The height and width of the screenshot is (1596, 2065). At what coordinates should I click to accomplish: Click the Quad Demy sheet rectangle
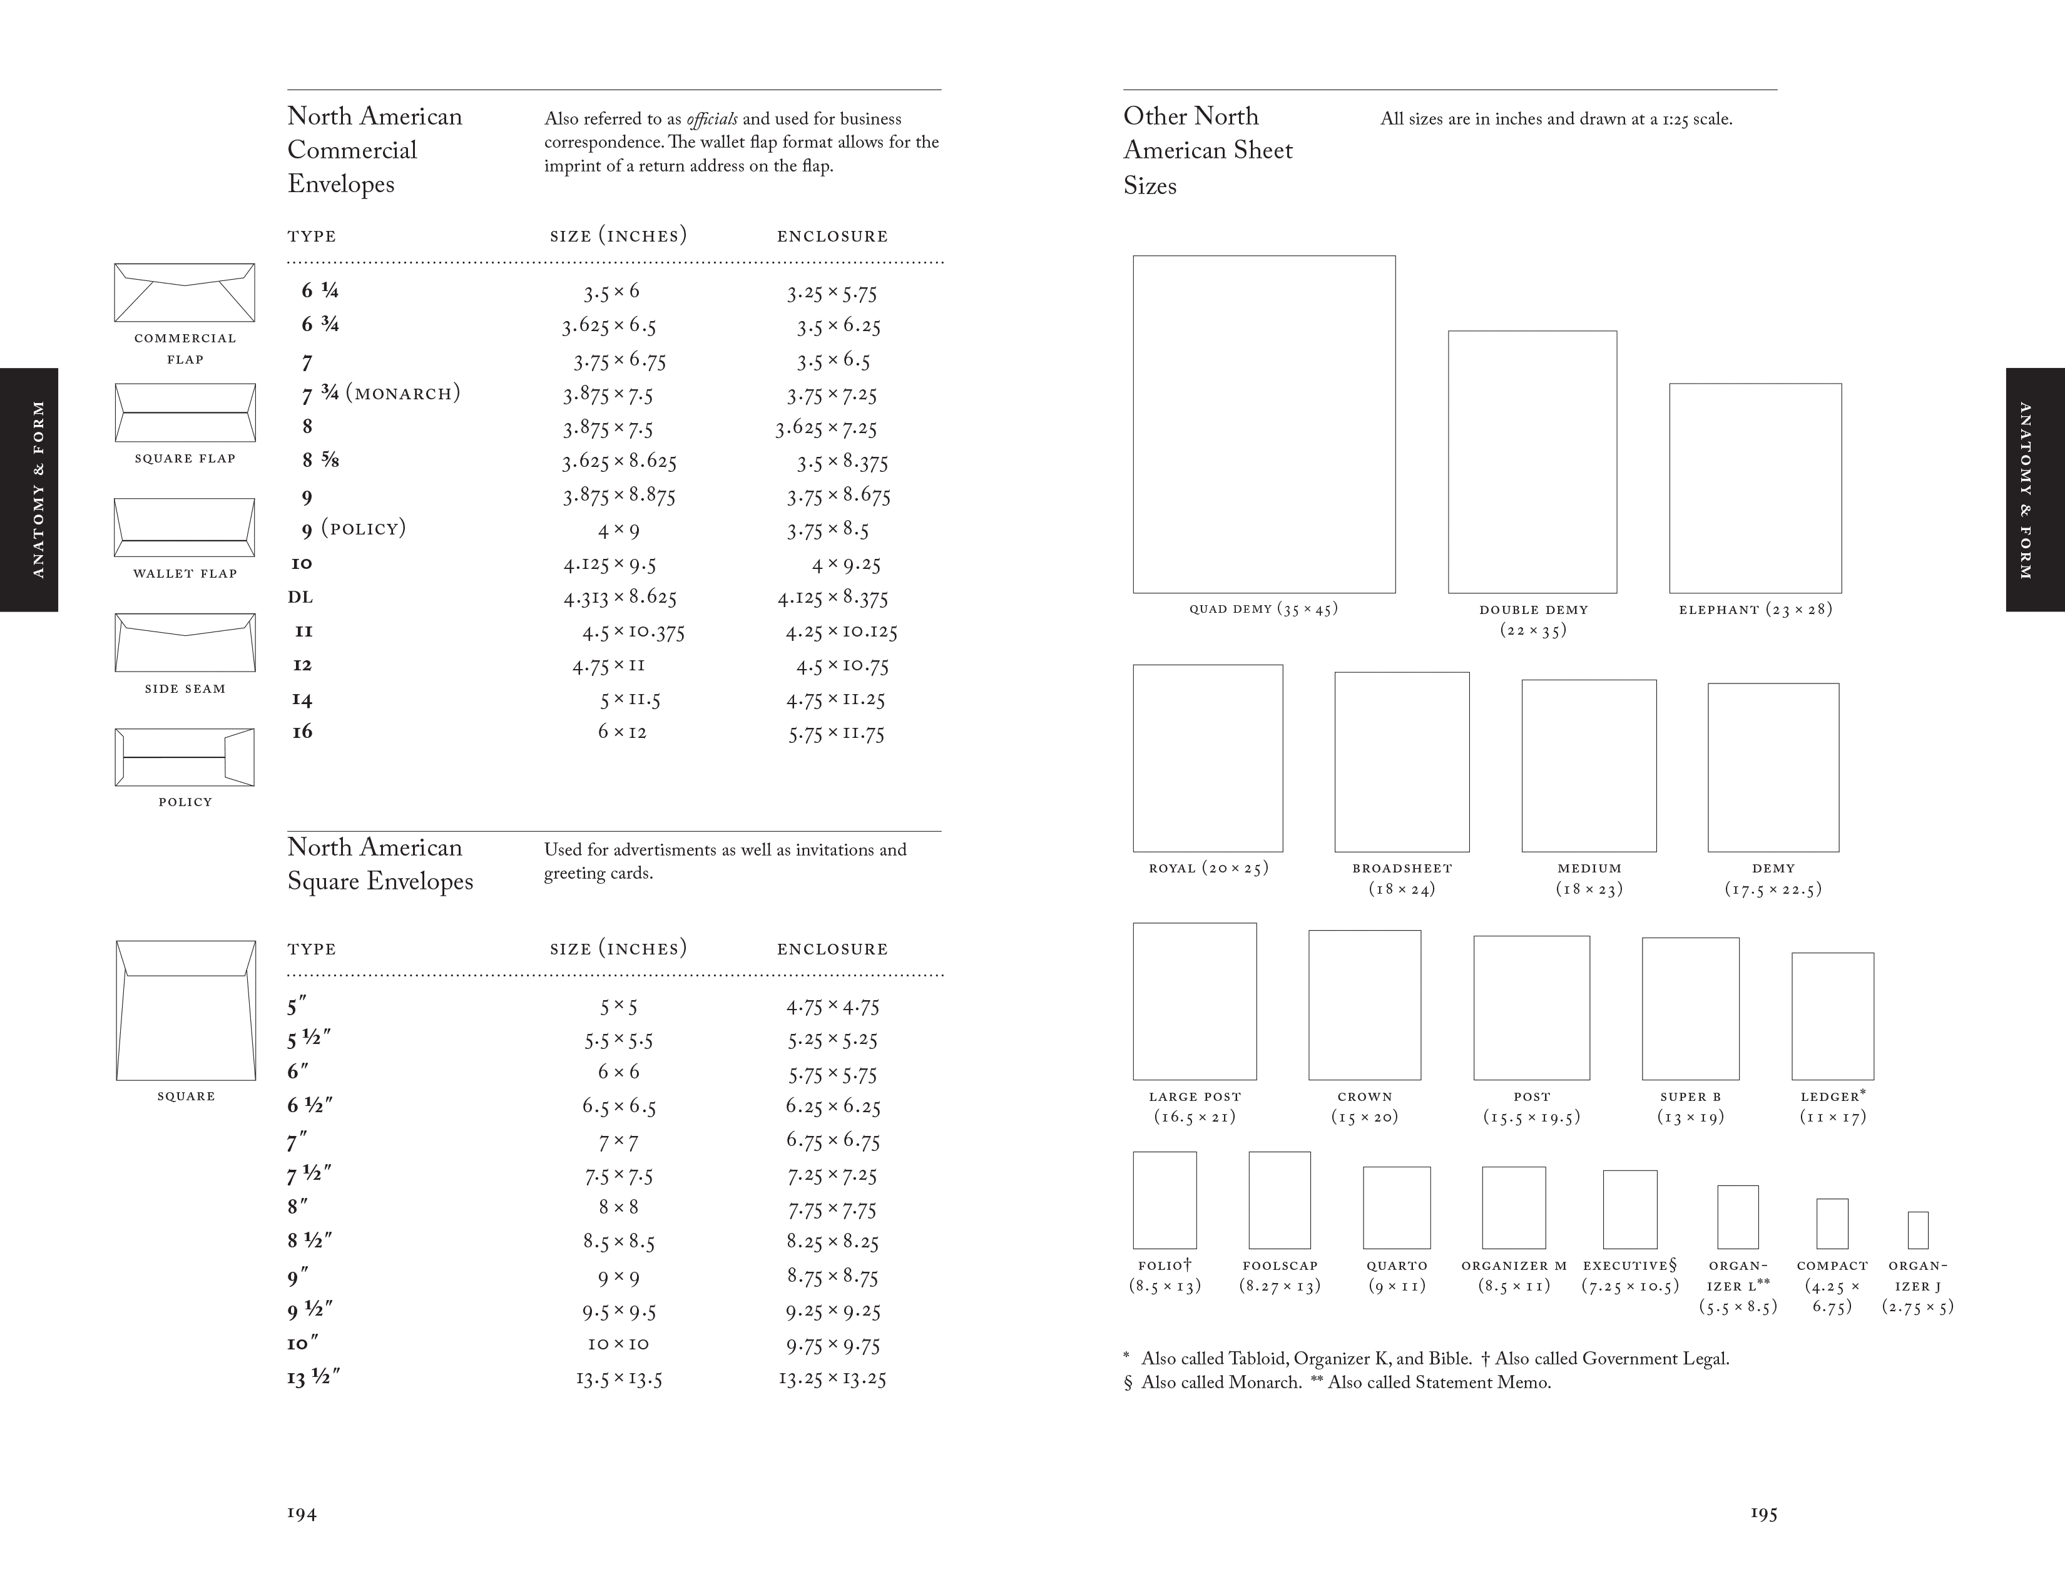[x=1263, y=424]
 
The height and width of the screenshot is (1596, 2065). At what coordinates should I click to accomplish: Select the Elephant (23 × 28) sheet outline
[x=1755, y=488]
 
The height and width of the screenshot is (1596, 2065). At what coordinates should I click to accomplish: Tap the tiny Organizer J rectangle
[x=1917, y=1230]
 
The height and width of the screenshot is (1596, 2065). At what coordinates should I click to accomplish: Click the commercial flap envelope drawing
[x=185, y=292]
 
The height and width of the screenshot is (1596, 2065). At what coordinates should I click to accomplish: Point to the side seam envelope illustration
[x=185, y=642]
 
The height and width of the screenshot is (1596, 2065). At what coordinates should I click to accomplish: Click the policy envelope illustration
[x=185, y=757]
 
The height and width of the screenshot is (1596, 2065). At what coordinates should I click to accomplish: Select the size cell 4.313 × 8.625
[x=619, y=598]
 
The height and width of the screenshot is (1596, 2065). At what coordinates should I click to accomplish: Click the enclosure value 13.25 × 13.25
[x=832, y=1379]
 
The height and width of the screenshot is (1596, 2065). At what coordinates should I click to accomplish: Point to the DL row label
[x=300, y=598]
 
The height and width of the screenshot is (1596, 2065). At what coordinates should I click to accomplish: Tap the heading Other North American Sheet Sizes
[x=1208, y=150]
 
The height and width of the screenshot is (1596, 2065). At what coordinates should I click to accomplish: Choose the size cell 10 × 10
[x=618, y=1344]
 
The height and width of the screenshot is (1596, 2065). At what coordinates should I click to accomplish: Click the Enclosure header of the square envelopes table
[x=832, y=949]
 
